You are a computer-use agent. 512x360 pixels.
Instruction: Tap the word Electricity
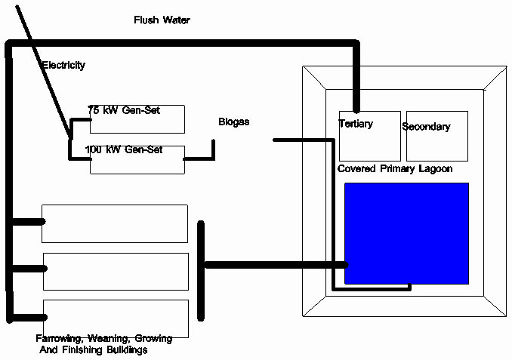click(x=63, y=66)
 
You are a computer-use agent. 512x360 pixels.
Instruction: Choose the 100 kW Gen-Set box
click(x=137, y=159)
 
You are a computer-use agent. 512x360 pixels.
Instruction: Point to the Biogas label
click(x=233, y=122)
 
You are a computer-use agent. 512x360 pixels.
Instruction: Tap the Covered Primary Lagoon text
click(x=395, y=169)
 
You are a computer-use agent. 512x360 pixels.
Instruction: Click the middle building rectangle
click(x=116, y=271)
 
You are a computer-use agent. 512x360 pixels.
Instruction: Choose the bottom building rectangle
click(x=116, y=318)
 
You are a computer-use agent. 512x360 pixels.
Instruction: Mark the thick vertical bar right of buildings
click(x=201, y=269)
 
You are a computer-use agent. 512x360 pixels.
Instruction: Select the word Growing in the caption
click(x=154, y=339)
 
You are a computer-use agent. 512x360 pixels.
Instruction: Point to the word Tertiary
click(x=356, y=124)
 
